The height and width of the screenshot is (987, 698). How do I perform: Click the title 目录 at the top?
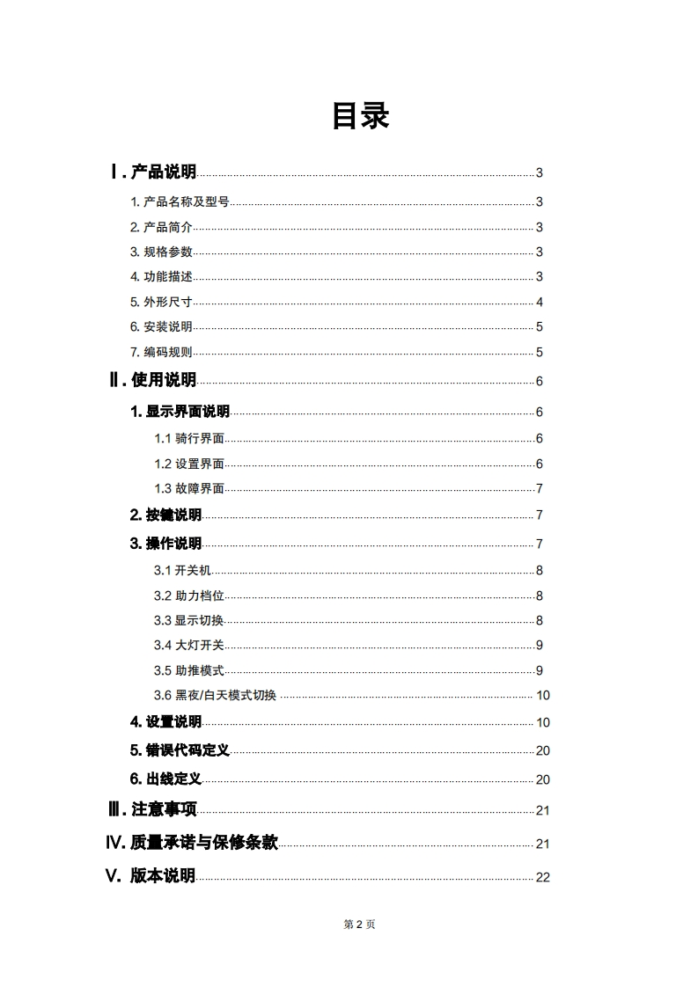click(x=360, y=115)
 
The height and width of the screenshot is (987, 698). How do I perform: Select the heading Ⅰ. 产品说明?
click(x=153, y=172)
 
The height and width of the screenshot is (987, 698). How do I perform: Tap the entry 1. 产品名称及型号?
click(x=180, y=201)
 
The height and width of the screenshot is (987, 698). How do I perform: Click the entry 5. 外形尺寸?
click(x=161, y=302)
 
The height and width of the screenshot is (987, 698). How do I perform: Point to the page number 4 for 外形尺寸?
click(x=540, y=303)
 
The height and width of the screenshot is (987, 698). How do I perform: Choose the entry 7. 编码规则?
click(x=161, y=353)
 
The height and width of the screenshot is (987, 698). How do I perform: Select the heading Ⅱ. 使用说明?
click(x=153, y=381)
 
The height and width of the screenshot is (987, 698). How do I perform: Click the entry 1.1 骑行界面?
click(x=189, y=439)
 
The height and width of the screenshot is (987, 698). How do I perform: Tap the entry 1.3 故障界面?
click(x=189, y=489)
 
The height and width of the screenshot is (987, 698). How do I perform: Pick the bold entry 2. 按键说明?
click(x=165, y=515)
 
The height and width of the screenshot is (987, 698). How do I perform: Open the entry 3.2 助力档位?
click(x=189, y=596)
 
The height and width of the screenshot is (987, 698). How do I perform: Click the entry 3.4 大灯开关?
click(x=189, y=646)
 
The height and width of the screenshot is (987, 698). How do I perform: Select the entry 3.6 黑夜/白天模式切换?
click(x=216, y=696)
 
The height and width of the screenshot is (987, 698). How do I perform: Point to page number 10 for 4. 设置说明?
click(x=543, y=723)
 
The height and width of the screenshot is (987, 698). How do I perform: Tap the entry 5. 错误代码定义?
click(x=180, y=750)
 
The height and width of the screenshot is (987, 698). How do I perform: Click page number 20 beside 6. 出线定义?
click(x=543, y=779)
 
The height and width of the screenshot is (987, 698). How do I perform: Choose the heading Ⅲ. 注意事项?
click(x=152, y=810)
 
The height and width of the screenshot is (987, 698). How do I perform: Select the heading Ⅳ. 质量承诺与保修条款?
click(x=192, y=843)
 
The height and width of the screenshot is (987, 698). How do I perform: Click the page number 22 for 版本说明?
click(x=543, y=877)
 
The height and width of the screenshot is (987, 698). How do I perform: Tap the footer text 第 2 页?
click(x=359, y=924)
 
